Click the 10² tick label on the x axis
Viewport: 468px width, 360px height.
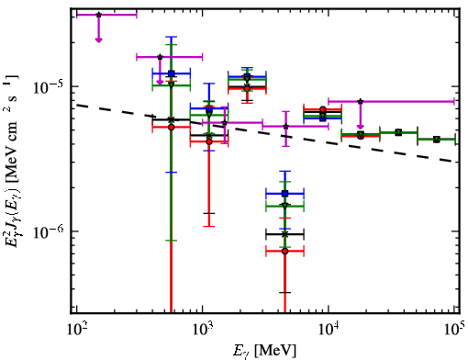[x=76, y=330]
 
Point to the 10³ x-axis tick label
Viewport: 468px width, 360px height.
[x=202, y=330]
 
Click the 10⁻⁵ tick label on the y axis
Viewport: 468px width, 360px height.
[x=49, y=87]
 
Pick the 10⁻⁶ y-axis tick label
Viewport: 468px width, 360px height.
[x=49, y=231]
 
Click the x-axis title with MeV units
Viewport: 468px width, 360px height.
[x=264, y=350]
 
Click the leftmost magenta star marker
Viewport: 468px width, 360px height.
[x=98, y=15]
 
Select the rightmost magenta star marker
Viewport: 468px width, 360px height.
[x=361, y=101]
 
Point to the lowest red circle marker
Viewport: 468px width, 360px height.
[x=285, y=252]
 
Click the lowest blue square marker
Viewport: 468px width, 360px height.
[x=285, y=194]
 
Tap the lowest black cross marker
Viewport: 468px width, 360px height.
[x=285, y=234]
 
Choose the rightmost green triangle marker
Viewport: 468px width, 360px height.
[x=437, y=140]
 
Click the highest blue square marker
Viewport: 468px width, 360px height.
[x=172, y=73]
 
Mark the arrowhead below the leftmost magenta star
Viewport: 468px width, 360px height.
[x=98, y=39]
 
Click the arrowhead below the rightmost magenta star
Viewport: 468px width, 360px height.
[x=361, y=127]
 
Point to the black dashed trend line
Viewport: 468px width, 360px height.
[x=268, y=133]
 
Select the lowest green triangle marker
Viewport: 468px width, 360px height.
[x=285, y=206]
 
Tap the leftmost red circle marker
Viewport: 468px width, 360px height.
[x=172, y=127]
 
